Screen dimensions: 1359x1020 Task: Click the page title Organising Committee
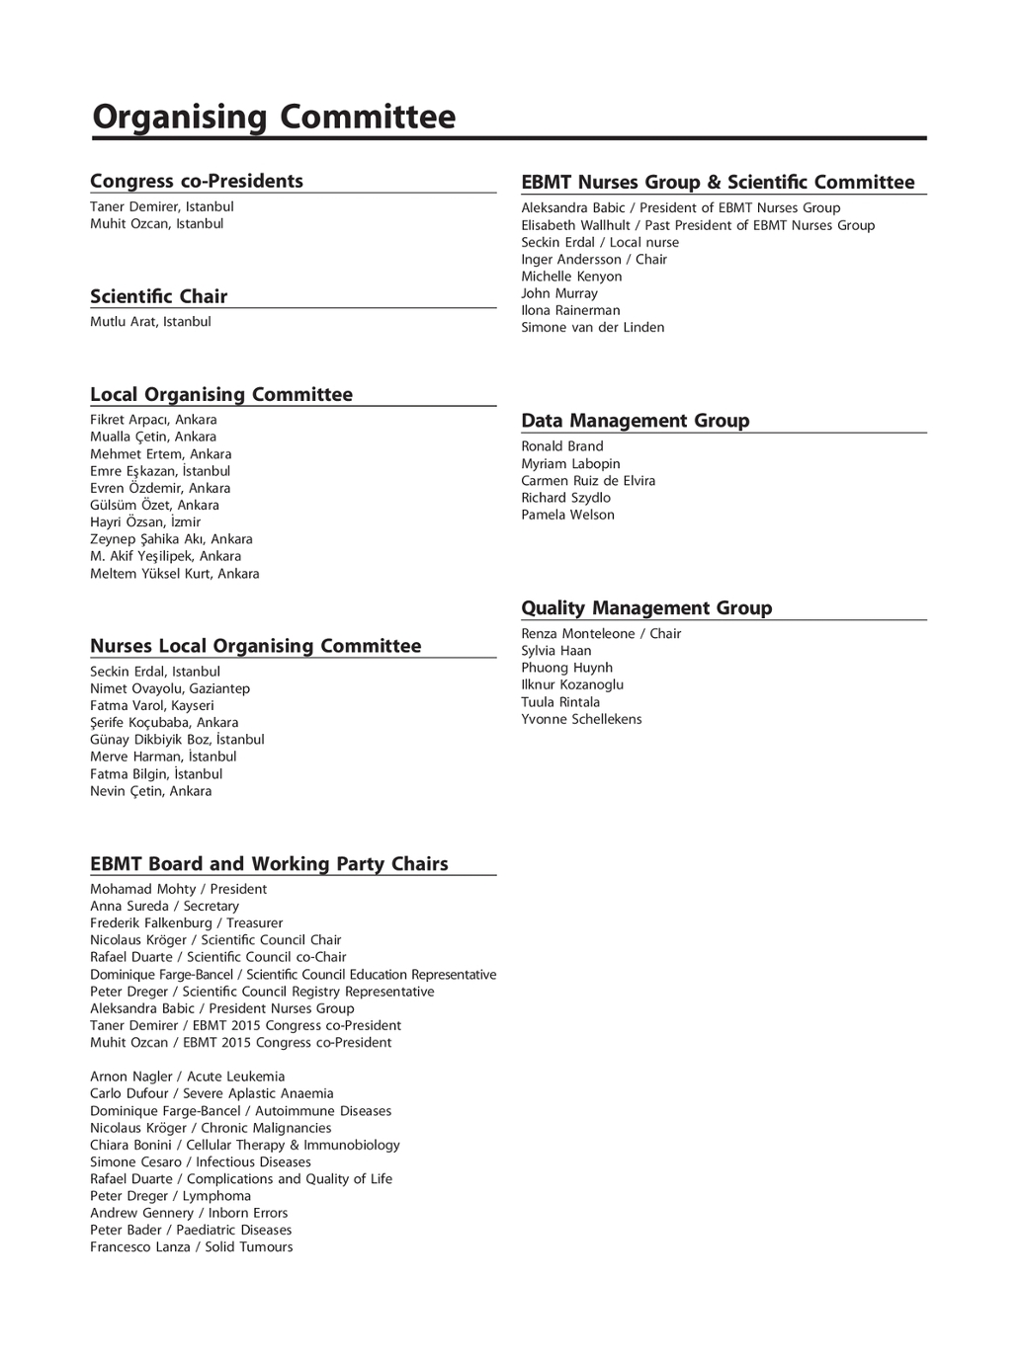click(x=274, y=118)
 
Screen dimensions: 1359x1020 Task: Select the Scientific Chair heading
click(x=158, y=296)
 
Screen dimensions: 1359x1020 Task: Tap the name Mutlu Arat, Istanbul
click(x=150, y=322)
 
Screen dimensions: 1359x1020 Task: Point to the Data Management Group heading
click(x=635, y=421)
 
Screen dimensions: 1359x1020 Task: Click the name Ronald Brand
click(x=561, y=446)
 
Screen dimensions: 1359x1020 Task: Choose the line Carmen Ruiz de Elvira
click(x=588, y=481)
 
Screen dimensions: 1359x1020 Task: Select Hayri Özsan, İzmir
click(x=145, y=522)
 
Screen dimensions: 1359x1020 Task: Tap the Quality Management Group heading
click(x=646, y=608)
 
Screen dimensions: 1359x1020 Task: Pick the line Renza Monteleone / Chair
click(x=601, y=634)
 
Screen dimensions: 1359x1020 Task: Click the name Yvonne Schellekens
click(x=581, y=719)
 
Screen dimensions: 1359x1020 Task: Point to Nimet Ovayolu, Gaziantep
click(x=170, y=688)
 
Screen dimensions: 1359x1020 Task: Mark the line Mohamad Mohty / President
click(x=178, y=889)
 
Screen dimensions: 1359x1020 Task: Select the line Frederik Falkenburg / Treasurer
click(x=186, y=923)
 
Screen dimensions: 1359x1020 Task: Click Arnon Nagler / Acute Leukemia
click(x=187, y=1077)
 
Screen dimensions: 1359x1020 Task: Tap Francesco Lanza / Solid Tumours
click(x=191, y=1247)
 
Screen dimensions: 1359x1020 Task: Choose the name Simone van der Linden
click(x=592, y=328)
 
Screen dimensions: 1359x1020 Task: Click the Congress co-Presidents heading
click(x=197, y=181)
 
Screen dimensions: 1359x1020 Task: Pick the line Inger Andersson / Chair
click(x=594, y=260)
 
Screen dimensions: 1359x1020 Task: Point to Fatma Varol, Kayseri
click(x=151, y=706)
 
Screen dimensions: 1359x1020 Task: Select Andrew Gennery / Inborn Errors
click(x=189, y=1213)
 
